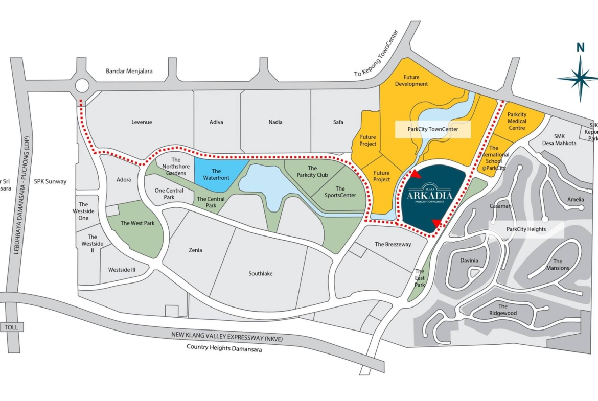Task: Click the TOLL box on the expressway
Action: tap(11, 327)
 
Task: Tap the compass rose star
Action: tap(580, 78)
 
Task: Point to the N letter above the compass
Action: tap(580, 48)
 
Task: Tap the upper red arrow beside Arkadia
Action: tap(417, 174)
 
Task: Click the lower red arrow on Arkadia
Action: tap(436, 222)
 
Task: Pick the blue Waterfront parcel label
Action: tap(216, 174)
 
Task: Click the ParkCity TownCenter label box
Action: tap(432, 130)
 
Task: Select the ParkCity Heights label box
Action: tap(526, 229)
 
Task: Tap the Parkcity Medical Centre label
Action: tap(517, 122)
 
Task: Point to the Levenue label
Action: tap(142, 122)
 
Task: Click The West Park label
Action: tap(137, 223)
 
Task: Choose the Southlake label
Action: tap(260, 273)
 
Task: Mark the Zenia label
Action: tap(195, 250)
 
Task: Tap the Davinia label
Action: tap(469, 260)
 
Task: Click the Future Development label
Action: tap(411, 81)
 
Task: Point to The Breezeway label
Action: tap(393, 244)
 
